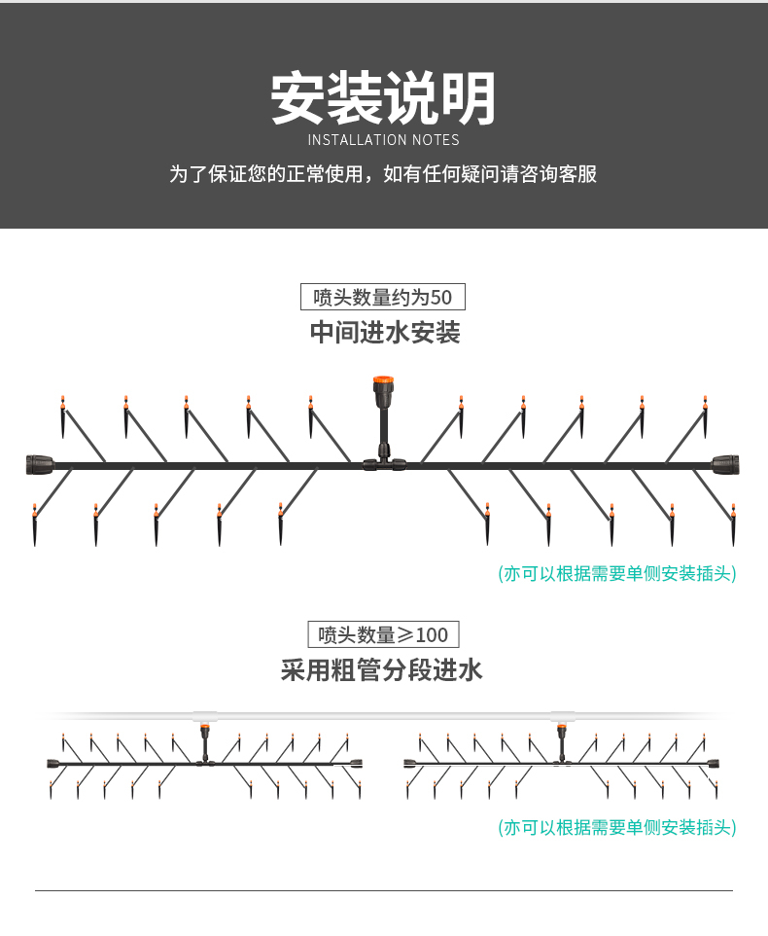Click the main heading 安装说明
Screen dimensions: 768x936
[383, 98]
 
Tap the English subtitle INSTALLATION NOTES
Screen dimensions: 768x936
[383, 140]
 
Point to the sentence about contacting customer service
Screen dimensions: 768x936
[383, 174]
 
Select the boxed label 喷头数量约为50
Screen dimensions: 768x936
[383, 297]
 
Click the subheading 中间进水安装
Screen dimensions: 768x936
[384, 333]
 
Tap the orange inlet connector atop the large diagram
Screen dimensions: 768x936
[384, 386]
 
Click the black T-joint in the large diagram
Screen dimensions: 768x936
[384, 464]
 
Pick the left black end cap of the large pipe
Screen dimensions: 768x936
[38, 464]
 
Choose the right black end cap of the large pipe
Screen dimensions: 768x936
[727, 464]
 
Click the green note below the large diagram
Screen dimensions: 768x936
[616, 573]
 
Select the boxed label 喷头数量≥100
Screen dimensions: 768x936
[383, 635]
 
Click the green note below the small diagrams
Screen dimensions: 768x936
[616, 828]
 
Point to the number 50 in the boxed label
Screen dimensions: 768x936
[440, 297]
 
